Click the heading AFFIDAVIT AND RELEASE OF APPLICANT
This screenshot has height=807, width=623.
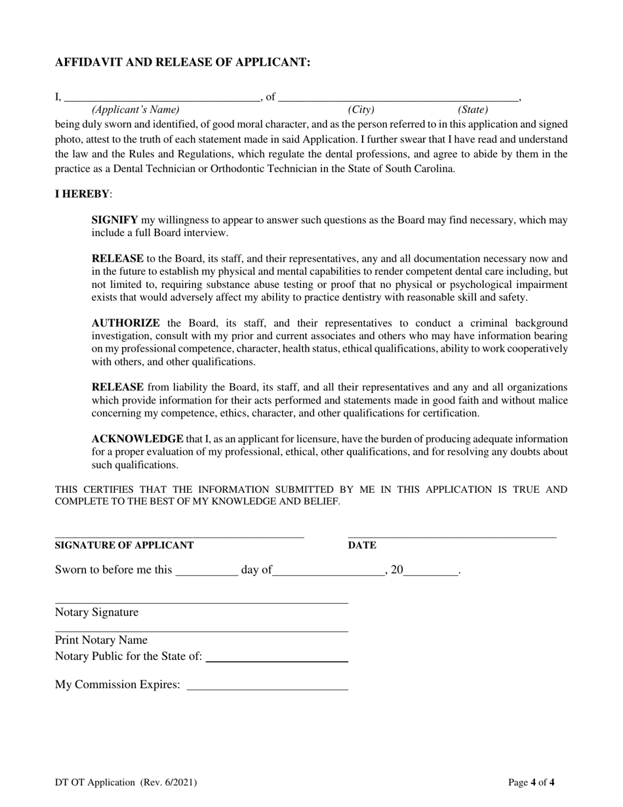click(x=182, y=62)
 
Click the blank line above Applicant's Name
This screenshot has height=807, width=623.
click(x=161, y=97)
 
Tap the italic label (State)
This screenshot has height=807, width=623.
click(x=472, y=110)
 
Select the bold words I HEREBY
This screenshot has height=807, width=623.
click(x=82, y=194)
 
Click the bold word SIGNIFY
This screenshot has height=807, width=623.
click(x=115, y=220)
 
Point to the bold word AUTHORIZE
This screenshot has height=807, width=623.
click(x=125, y=323)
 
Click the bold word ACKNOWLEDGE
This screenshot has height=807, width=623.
click(x=137, y=439)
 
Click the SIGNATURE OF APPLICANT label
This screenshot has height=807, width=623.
click(x=124, y=545)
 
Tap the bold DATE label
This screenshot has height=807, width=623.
click(x=361, y=545)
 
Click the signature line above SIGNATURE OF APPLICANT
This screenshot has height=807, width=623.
click(x=179, y=535)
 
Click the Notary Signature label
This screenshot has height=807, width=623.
click(x=96, y=613)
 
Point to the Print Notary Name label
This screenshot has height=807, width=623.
click(x=101, y=640)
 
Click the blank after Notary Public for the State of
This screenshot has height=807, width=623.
click(x=277, y=659)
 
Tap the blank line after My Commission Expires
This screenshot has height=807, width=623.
click(x=267, y=687)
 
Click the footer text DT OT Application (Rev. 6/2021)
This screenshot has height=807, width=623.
click(x=126, y=782)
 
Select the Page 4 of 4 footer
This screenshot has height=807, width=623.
click(x=531, y=782)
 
